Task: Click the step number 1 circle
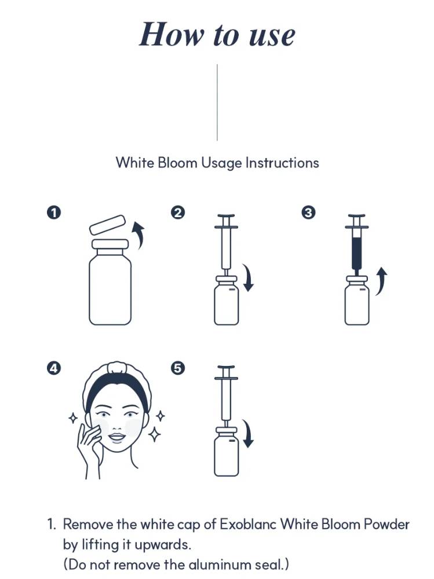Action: click(54, 212)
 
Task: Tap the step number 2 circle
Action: click(178, 212)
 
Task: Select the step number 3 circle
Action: click(309, 212)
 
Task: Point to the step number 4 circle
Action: click(54, 368)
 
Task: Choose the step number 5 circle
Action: click(178, 368)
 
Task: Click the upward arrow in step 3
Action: click(381, 281)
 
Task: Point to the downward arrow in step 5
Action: click(249, 434)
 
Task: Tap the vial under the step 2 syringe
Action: click(226, 301)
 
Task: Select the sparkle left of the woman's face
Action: click(73, 418)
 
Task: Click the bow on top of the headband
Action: click(117, 367)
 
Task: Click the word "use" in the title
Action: click(272, 36)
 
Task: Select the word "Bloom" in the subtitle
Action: click(177, 163)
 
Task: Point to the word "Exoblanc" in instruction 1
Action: click(248, 525)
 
